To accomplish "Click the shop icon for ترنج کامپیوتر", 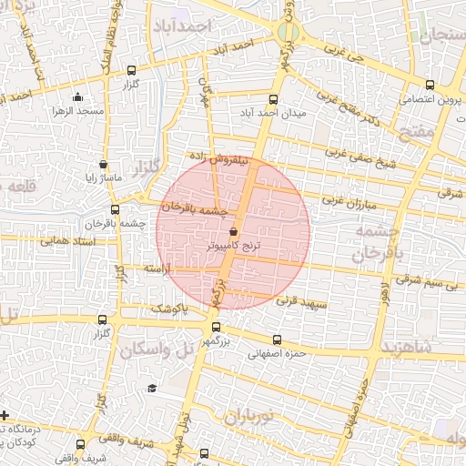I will point(234,232).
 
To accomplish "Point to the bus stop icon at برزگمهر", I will point(216,327).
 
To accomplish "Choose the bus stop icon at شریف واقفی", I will point(81,445).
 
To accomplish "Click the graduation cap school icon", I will point(152,389).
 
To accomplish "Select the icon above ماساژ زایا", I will point(103,165).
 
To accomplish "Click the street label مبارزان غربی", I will point(347,199).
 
